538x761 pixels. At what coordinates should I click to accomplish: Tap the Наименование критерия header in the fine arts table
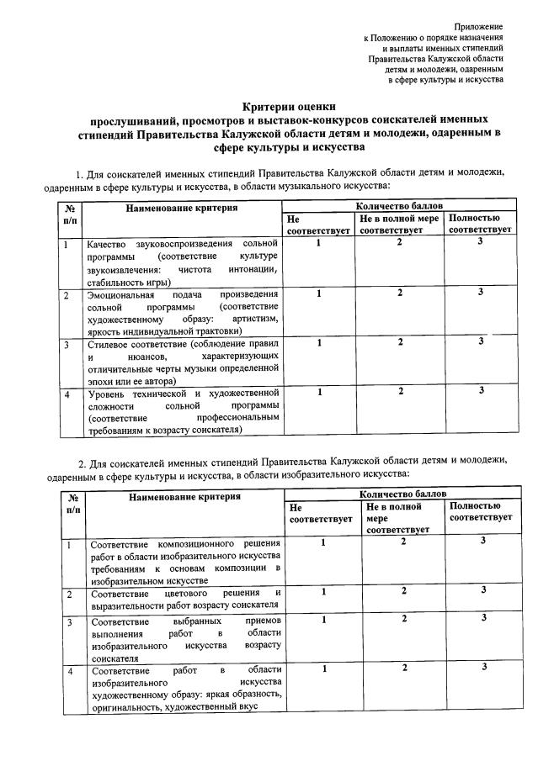182,497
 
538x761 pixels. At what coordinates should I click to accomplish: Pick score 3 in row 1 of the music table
479,243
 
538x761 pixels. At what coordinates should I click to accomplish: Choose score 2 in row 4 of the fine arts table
404,668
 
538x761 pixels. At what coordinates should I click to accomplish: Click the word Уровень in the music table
106,394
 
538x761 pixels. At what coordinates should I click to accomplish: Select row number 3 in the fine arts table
71,621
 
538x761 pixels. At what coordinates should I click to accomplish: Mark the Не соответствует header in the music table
317,225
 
